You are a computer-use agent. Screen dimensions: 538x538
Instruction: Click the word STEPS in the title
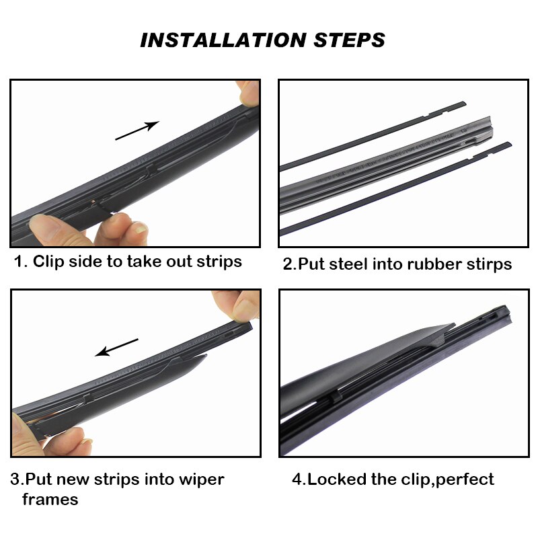pyautogui.click(x=349, y=40)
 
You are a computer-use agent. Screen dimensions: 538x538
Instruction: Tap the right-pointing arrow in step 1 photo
pyautogui.click(x=137, y=130)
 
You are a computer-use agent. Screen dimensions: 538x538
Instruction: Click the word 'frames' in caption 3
pyautogui.click(x=50, y=500)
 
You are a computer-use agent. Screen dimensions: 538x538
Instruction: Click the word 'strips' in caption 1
pyautogui.click(x=215, y=261)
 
